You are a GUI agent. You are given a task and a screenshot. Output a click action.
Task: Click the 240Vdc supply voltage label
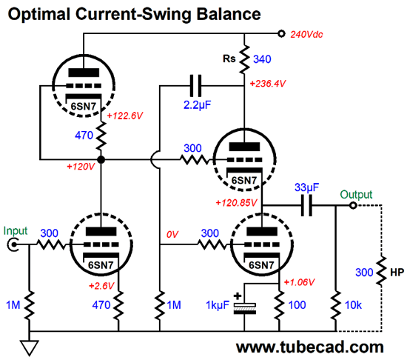tap(306, 35)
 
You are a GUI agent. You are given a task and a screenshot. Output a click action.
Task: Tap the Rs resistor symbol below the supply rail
tap(244, 59)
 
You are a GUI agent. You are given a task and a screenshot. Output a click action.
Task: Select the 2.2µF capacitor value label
tap(198, 105)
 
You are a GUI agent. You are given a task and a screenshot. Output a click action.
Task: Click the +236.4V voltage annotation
tap(268, 84)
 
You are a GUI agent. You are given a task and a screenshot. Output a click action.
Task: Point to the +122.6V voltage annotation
tap(125, 116)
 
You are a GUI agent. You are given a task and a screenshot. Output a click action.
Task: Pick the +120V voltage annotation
tap(81, 167)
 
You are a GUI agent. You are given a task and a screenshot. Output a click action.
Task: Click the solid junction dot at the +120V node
tap(101, 159)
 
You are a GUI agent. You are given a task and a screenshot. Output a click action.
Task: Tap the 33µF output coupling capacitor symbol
tap(306, 206)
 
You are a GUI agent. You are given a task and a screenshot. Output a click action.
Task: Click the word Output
tap(356, 195)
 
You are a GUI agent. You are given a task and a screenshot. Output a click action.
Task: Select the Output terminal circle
tap(353, 206)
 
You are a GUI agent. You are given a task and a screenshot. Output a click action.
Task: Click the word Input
tap(16, 231)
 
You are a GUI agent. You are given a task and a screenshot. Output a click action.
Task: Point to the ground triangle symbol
tap(30, 348)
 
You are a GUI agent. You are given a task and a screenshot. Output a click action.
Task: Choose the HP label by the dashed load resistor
tap(397, 272)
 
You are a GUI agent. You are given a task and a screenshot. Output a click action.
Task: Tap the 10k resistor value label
tap(353, 305)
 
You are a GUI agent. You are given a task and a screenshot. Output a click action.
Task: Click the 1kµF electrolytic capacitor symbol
tap(244, 308)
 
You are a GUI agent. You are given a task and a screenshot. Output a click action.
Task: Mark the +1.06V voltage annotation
tap(299, 282)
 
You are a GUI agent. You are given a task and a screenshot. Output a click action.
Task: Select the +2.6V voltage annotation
tap(101, 286)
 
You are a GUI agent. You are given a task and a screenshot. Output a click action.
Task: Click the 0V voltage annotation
tap(172, 235)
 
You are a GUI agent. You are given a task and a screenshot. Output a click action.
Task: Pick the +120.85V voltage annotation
tap(236, 203)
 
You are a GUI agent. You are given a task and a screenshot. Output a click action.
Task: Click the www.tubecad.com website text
tap(309, 347)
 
